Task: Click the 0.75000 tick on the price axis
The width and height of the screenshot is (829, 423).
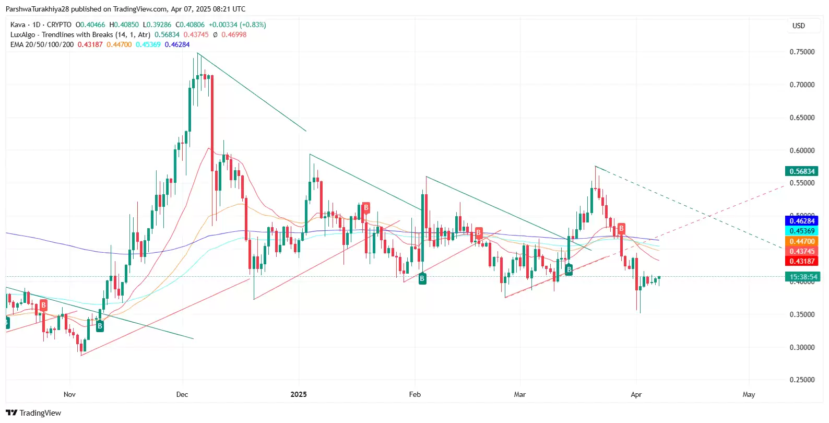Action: pyautogui.click(x=801, y=52)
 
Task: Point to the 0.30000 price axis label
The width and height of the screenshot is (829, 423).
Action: pyautogui.click(x=801, y=347)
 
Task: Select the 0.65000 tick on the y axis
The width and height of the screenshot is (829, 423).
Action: pyautogui.click(x=801, y=118)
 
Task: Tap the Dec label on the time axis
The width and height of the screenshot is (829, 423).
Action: pyautogui.click(x=182, y=394)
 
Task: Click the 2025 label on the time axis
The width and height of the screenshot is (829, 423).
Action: pyautogui.click(x=299, y=394)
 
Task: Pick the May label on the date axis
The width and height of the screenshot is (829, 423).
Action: pyautogui.click(x=749, y=394)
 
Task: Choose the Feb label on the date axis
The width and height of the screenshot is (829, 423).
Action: pyautogui.click(x=414, y=394)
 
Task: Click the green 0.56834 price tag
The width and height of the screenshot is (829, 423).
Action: pyautogui.click(x=802, y=171)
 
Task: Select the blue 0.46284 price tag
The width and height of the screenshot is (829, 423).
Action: pyautogui.click(x=802, y=221)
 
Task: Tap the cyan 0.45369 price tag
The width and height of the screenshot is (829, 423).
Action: pyautogui.click(x=802, y=231)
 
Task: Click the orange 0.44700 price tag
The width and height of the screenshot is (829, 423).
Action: pyautogui.click(x=802, y=241)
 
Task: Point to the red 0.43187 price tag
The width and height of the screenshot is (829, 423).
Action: pyautogui.click(x=802, y=261)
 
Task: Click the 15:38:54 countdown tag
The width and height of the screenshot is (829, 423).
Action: pyautogui.click(x=803, y=277)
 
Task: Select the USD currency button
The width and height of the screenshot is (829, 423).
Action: pyautogui.click(x=799, y=26)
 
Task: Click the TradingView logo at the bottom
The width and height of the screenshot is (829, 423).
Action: pyautogui.click(x=33, y=413)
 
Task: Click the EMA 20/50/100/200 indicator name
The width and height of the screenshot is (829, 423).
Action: pyautogui.click(x=42, y=44)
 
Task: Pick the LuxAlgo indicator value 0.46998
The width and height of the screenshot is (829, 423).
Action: pyautogui.click(x=234, y=34)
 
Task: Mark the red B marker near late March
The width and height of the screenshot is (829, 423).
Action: pyautogui.click(x=621, y=228)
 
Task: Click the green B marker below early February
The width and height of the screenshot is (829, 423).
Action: pyautogui.click(x=422, y=279)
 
